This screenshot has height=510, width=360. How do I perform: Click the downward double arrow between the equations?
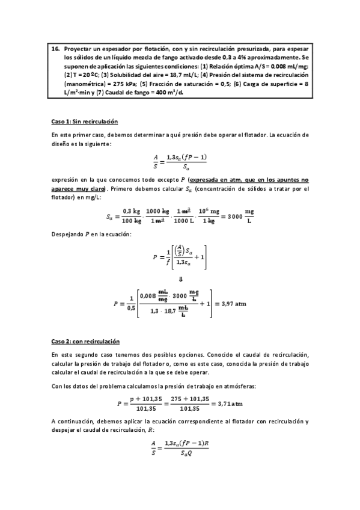coord(181,279)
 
